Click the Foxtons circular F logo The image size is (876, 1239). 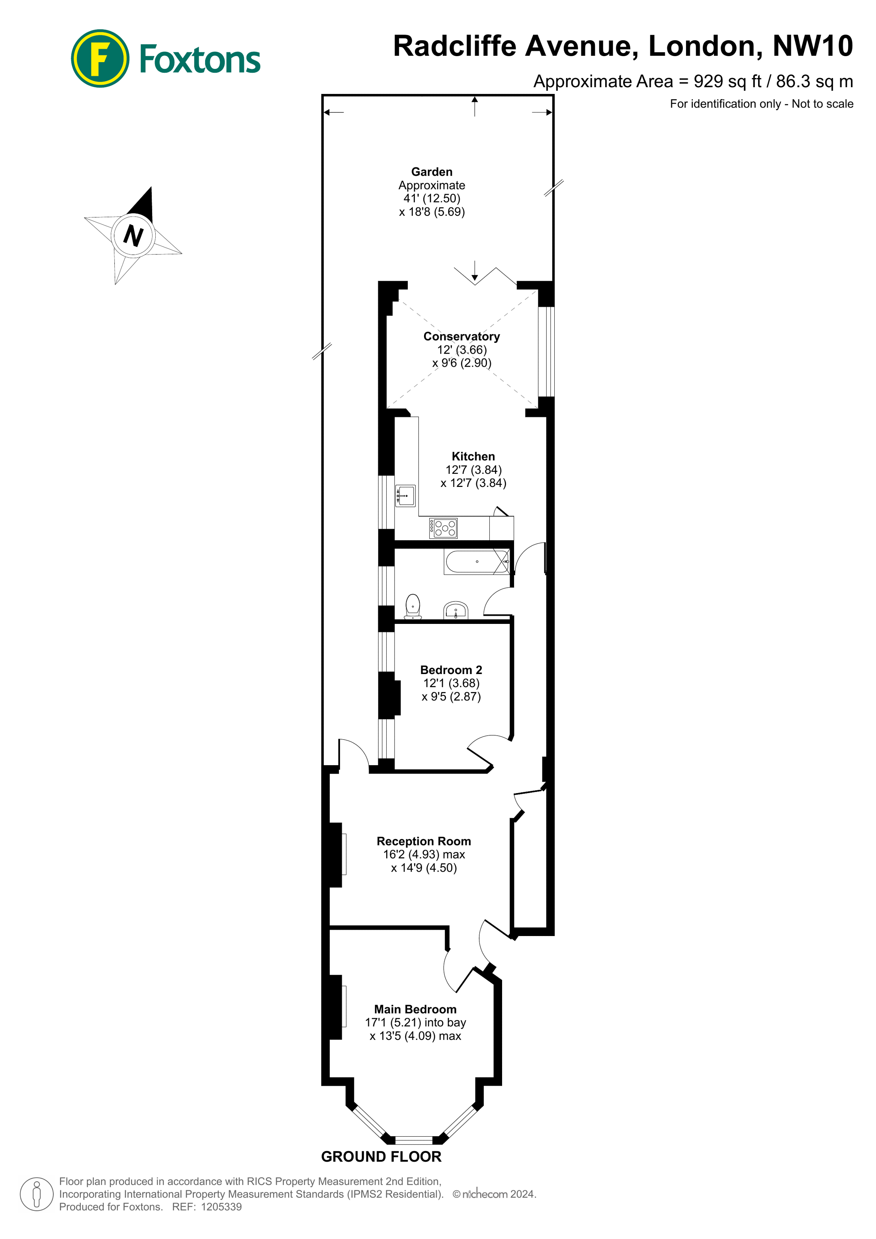100,58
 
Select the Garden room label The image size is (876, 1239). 432,172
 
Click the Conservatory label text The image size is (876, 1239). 461,336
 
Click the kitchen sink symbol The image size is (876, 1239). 405,495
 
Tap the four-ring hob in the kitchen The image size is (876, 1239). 443,528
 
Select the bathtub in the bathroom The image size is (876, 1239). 477,561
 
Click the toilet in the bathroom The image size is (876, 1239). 413,606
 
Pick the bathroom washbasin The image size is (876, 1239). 456,610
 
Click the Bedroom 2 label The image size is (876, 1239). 451,670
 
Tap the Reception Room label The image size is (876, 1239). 424,841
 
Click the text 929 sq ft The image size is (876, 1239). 727,82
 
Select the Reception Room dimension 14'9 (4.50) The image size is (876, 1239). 424,868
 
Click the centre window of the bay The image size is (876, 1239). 414,1140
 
